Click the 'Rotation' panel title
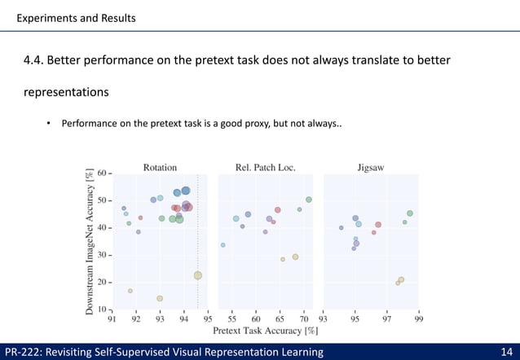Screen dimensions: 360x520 pyautogui.click(x=160, y=168)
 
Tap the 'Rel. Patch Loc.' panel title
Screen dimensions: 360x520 pyautogui.click(x=265, y=168)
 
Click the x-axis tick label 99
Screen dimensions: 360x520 pyautogui.click(x=418, y=319)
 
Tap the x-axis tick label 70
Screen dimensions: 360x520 pyautogui.click(x=303, y=319)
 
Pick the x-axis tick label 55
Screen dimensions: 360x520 pyautogui.click(x=232, y=319)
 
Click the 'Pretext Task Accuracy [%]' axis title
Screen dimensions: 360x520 pyautogui.click(x=265, y=331)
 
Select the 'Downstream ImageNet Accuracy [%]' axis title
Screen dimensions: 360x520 pyautogui.click(x=89, y=241)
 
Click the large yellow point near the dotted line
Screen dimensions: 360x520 pyautogui.click(x=198, y=275)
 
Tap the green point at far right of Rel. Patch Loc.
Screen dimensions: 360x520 pyautogui.click(x=309, y=200)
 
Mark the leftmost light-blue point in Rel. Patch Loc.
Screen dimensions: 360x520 pyautogui.click(x=223, y=244)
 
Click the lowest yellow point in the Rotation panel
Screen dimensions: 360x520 pyautogui.click(x=160, y=298)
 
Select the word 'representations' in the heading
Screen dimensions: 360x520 pyautogui.click(x=66, y=92)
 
